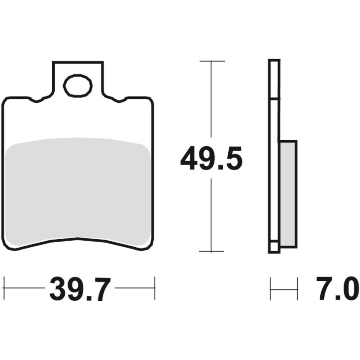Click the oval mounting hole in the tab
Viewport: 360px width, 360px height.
point(78,86)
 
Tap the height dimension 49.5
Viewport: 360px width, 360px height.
point(211,159)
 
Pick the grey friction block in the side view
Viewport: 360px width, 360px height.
point(288,194)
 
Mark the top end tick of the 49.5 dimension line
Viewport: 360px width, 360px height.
point(212,61)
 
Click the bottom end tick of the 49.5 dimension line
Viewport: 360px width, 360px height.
point(212,252)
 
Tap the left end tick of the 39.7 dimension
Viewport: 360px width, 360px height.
point(4,288)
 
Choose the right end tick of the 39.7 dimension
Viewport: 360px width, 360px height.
point(155,288)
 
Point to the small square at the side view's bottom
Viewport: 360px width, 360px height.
point(274,247)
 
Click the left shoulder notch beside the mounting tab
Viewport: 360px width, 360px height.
point(36,100)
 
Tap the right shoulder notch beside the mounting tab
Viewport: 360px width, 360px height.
point(120,100)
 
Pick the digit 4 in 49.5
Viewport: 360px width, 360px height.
point(189,159)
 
